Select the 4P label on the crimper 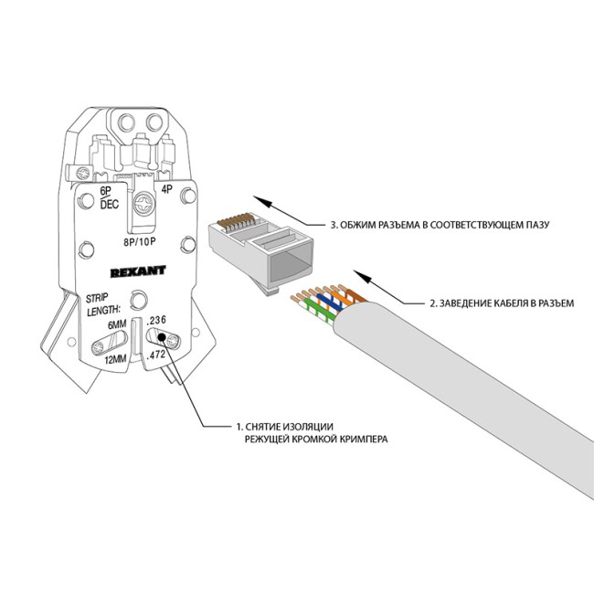[x=166, y=190]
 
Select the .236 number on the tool [x=156, y=318]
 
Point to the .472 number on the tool [x=156, y=353]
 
